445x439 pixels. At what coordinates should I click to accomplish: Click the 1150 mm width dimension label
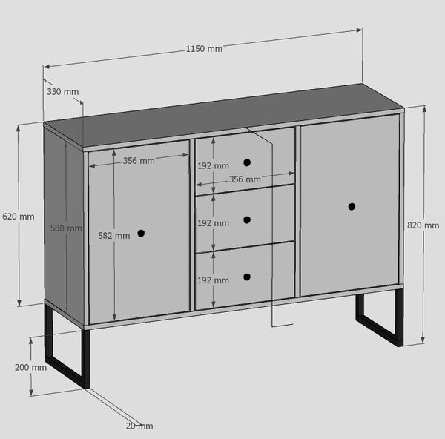(x=204, y=49)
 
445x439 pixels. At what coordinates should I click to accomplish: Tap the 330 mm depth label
(x=63, y=92)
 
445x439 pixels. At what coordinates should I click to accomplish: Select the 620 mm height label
(x=19, y=217)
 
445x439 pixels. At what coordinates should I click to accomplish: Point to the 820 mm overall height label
(x=423, y=225)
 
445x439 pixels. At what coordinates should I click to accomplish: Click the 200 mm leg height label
(x=30, y=368)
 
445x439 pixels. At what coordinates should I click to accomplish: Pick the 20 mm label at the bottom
(x=139, y=426)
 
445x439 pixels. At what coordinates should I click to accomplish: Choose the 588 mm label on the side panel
(x=66, y=228)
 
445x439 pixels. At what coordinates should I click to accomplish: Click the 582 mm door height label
(x=113, y=236)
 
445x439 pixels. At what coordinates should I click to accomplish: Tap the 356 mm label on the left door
(x=139, y=161)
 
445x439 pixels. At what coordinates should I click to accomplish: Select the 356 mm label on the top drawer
(x=245, y=179)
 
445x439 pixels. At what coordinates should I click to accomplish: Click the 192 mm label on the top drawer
(x=213, y=165)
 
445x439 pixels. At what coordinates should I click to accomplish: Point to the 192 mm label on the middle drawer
(x=213, y=223)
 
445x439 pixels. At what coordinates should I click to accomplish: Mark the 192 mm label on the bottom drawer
(x=213, y=280)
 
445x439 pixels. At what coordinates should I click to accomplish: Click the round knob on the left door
(x=141, y=234)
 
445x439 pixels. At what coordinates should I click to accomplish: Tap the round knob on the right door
(x=352, y=207)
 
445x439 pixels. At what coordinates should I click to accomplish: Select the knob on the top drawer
(x=247, y=162)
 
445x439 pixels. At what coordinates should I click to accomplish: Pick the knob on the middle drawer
(x=247, y=220)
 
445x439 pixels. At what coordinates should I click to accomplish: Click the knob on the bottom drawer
(x=247, y=277)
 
